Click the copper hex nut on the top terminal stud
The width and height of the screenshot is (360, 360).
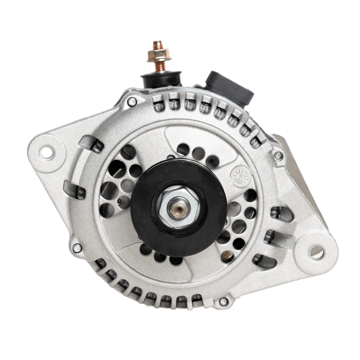pyautogui.click(x=159, y=54)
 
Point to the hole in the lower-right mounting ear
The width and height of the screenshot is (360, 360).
pyautogui.click(x=316, y=252)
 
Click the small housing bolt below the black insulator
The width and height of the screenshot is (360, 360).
pyautogui.click(x=132, y=102)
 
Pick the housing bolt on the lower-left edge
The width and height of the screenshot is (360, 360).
pyautogui.click(x=76, y=247)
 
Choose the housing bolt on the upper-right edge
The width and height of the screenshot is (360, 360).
pyautogui.click(x=278, y=155)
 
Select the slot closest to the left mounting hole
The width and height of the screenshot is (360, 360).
pyautogui.click(x=90, y=143)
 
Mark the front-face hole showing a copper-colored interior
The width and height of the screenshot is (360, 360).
pyautogui.click(x=227, y=257)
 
